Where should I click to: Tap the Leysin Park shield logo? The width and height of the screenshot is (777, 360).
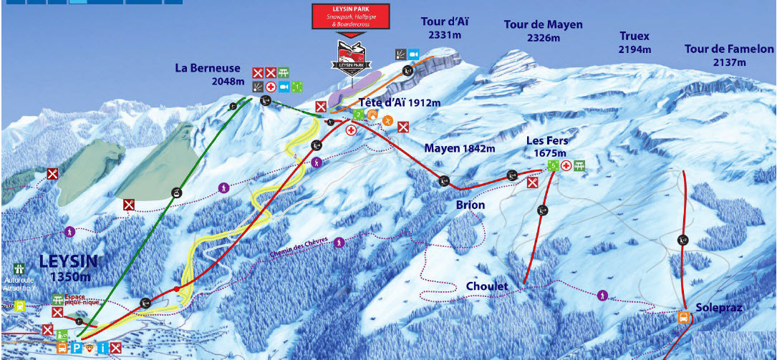point(350,55)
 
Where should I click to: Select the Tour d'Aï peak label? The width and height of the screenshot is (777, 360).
point(444,27)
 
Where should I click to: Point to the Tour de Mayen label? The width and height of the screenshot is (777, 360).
point(543,31)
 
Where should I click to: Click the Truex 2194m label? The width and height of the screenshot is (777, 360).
point(634,42)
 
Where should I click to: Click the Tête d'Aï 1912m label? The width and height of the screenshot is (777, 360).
point(405,102)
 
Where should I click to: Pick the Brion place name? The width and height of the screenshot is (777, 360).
point(470,205)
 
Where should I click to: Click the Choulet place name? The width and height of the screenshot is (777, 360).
point(487,286)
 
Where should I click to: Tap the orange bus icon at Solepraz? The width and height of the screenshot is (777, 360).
point(684,317)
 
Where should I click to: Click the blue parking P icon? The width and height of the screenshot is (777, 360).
point(77,349)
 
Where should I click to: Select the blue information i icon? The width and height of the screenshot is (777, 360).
point(103,349)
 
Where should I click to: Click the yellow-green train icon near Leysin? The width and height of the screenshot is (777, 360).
point(19,306)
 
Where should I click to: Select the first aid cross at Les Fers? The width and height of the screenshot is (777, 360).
point(566,166)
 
